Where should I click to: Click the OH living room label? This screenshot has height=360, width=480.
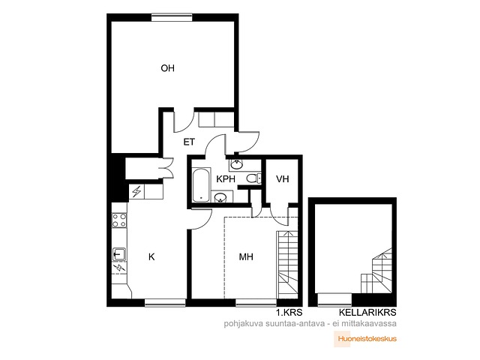168,68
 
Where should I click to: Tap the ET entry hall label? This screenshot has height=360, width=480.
189,142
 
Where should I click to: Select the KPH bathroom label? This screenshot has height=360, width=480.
226,179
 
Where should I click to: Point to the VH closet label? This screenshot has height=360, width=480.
282,179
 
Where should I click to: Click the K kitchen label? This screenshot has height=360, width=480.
151,256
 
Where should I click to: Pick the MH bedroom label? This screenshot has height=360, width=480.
246,256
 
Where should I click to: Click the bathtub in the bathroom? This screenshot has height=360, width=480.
201,184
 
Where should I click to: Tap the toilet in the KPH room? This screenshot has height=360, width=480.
253,178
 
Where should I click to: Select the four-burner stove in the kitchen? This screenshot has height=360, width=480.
119,220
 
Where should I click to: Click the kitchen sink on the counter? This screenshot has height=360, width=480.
119,254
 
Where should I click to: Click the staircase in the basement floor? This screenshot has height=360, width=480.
376,271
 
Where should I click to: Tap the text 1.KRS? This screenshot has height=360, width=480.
289,313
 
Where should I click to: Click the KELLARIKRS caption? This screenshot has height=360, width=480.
367,313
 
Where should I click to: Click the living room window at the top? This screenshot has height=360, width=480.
172,17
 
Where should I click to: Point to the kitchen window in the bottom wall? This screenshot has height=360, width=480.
165,302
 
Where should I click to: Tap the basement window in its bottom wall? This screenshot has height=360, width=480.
334,300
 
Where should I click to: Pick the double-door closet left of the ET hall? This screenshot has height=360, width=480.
149,168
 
